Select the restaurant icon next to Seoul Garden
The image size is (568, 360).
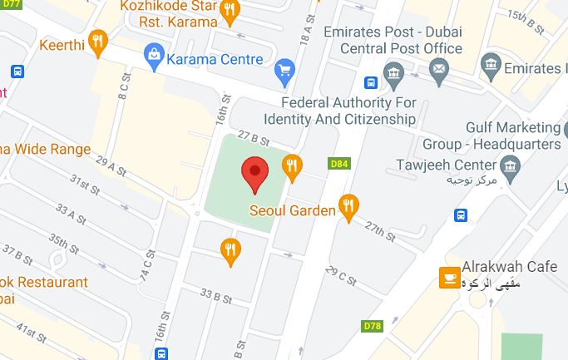(x=349, y=208)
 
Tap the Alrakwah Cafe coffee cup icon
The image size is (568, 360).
(x=450, y=279)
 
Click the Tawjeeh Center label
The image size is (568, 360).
(x=447, y=164)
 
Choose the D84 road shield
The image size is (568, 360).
(x=339, y=164)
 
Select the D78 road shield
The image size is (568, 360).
(x=373, y=325)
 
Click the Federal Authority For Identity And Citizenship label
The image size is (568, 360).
(x=348, y=111)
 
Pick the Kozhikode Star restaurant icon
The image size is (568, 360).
(x=230, y=11)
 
